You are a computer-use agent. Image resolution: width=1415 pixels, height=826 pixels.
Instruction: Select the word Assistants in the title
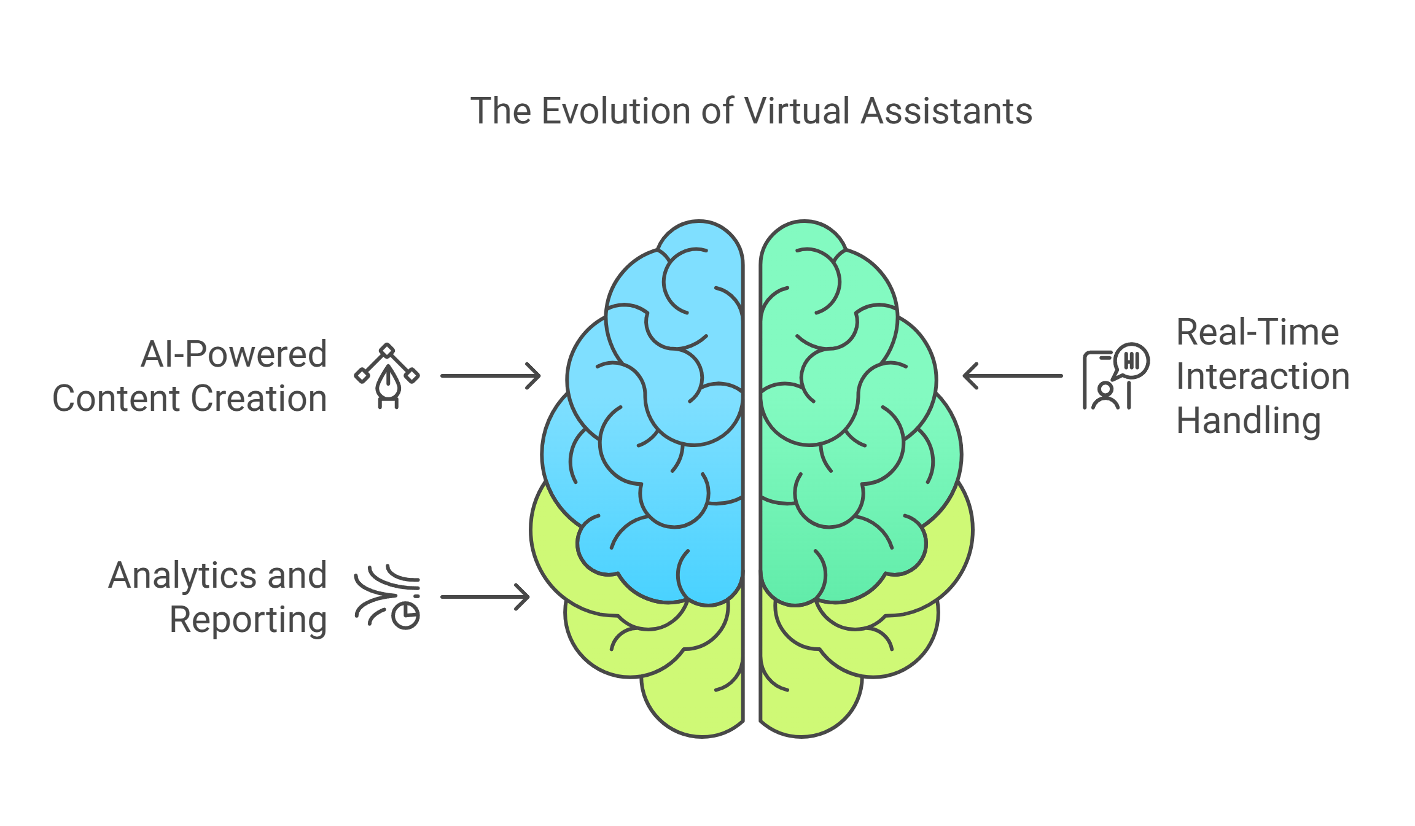pyautogui.click(x=946, y=111)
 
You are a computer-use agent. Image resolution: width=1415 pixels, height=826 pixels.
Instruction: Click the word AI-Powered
pyautogui.click(x=233, y=354)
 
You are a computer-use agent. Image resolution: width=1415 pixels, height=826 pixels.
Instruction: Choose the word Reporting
pyautogui.click(x=248, y=620)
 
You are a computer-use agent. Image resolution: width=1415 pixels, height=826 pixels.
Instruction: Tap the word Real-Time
pyautogui.click(x=1257, y=332)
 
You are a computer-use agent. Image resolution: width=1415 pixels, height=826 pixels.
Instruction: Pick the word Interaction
pyautogui.click(x=1263, y=376)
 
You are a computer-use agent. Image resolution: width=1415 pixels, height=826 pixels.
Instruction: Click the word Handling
pyautogui.click(x=1248, y=421)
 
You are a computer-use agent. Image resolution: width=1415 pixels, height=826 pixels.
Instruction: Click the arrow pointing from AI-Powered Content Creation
pyautogui.click(x=490, y=376)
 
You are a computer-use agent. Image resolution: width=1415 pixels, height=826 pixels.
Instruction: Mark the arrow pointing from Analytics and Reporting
pyautogui.click(x=485, y=597)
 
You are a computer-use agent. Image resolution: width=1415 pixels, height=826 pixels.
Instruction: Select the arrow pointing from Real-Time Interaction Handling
pyautogui.click(x=1013, y=376)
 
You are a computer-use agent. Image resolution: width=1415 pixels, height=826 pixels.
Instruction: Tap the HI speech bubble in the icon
pyautogui.click(x=1131, y=360)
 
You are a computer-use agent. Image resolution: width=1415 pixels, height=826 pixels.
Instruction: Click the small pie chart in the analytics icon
pyautogui.click(x=406, y=616)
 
